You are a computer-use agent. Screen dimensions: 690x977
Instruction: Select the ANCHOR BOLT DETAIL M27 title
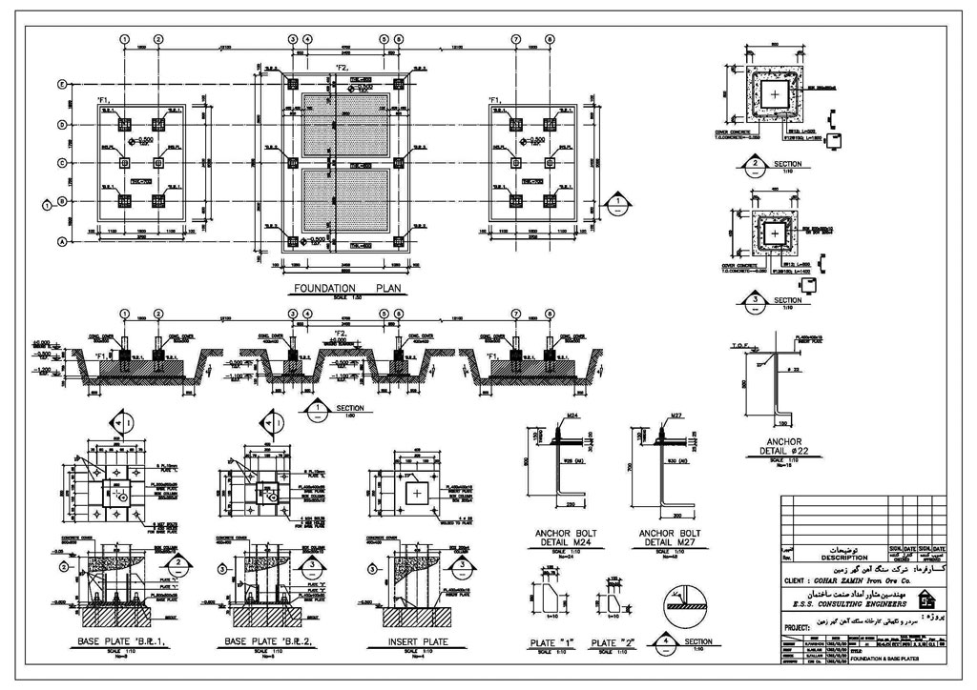(x=669, y=539)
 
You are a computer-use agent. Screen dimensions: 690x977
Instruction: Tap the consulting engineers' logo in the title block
(x=925, y=599)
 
